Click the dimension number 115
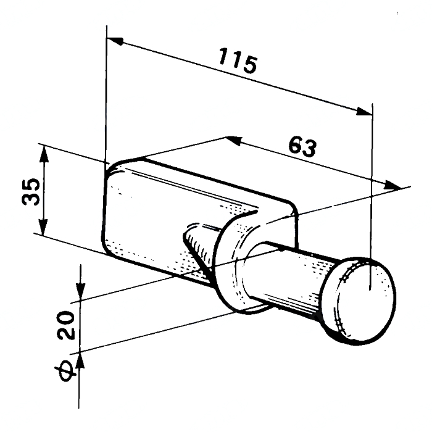pos(238,61)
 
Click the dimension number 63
pos(302,147)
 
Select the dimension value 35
pos(31,191)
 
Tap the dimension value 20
pos(65,325)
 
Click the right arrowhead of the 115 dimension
pos(363,111)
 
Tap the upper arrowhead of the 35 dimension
pos(44,154)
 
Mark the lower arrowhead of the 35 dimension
pos(43,226)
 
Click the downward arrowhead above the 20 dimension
pos(80,291)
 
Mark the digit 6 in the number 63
pos(296,144)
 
